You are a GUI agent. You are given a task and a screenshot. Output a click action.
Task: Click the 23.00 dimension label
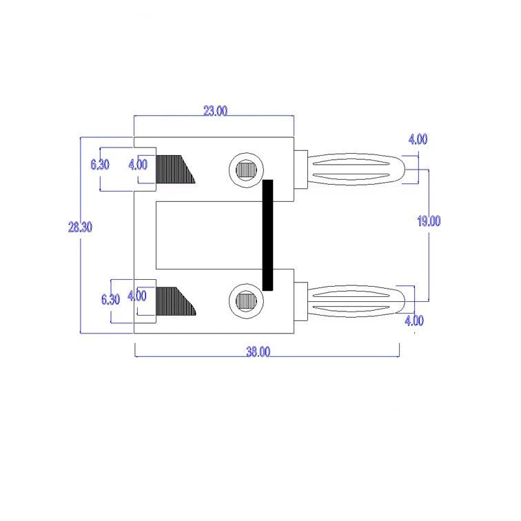point(215,111)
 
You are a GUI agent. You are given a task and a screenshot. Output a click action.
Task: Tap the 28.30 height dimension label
point(80,227)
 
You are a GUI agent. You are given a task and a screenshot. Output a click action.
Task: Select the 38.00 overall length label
point(258,351)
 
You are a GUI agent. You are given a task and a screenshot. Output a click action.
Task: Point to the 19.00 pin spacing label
point(429,221)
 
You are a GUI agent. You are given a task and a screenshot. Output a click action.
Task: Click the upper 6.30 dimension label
point(100,164)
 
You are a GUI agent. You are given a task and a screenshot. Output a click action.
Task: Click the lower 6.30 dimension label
point(110,299)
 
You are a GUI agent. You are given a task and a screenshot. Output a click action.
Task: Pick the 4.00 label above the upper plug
point(418,139)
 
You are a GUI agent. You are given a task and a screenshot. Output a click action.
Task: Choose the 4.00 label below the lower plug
point(414,320)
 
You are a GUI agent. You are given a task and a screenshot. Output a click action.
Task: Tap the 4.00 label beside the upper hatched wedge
point(138,165)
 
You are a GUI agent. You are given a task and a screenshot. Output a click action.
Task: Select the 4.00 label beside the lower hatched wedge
point(136,296)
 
